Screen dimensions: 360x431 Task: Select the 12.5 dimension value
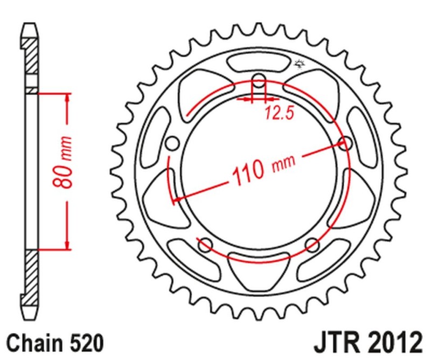click(275, 113)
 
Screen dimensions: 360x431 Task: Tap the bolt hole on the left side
click(172, 143)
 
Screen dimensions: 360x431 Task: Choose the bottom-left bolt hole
click(205, 246)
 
